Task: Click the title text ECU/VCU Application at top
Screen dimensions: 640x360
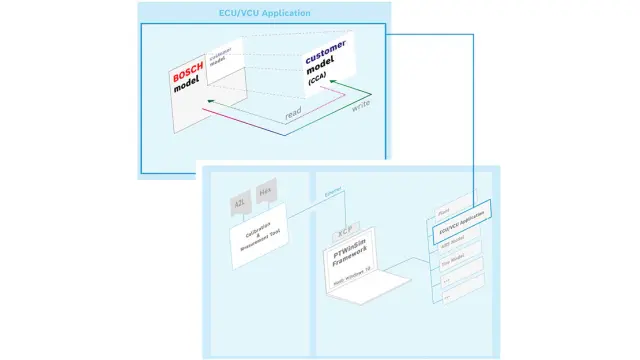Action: pyautogui.click(x=265, y=13)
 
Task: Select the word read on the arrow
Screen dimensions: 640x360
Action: pyautogui.click(x=293, y=113)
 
